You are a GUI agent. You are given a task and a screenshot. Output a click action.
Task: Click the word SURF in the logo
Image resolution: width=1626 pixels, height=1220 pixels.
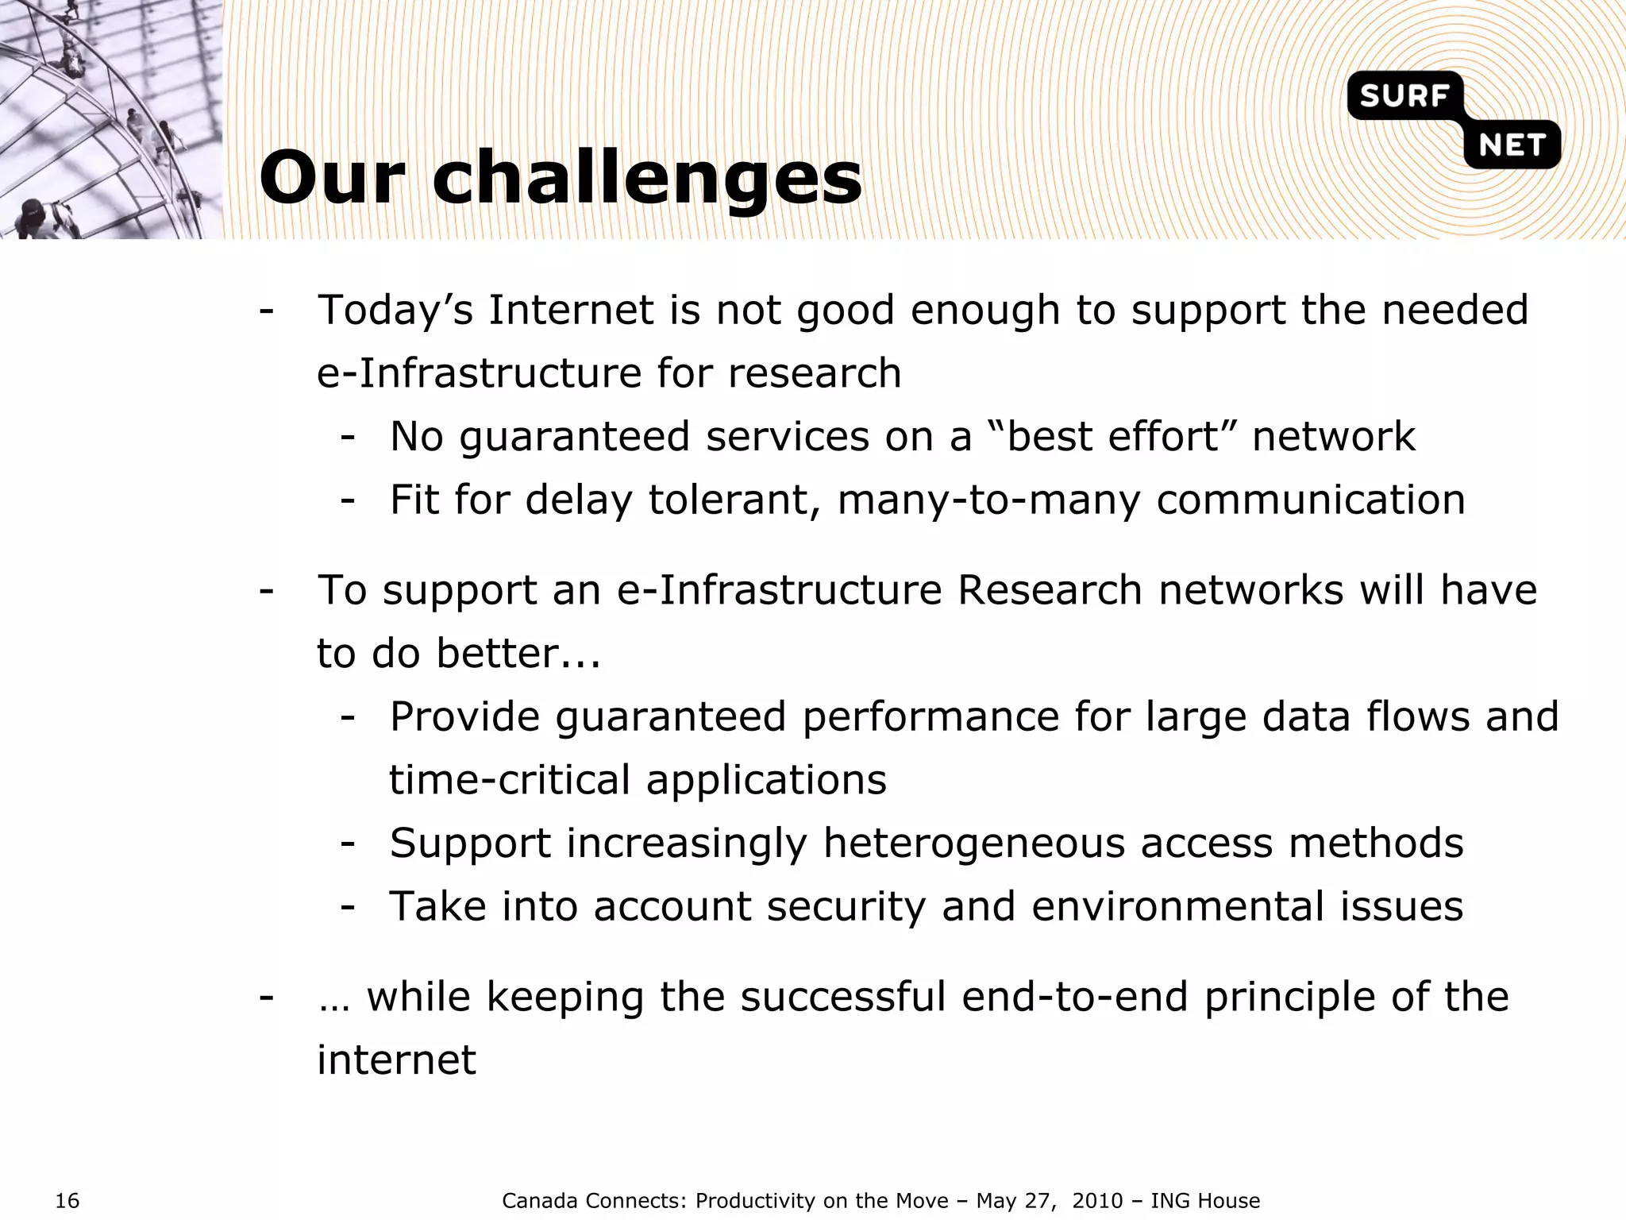point(1404,96)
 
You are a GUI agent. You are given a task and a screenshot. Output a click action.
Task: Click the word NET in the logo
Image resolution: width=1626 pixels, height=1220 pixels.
point(1512,145)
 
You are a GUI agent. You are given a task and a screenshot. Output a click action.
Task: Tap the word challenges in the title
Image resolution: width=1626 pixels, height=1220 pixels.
point(646,179)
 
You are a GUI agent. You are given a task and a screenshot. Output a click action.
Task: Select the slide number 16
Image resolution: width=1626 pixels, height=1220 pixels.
point(67,1201)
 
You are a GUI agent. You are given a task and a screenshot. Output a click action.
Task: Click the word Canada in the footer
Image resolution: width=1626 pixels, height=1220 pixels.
point(541,1201)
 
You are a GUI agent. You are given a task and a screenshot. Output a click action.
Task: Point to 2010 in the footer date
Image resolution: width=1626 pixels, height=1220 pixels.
point(1097,1201)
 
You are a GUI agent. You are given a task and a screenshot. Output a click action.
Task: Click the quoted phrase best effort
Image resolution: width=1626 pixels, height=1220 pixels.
point(1112,436)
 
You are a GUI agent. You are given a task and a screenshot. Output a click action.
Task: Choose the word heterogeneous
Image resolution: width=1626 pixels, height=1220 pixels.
point(973,843)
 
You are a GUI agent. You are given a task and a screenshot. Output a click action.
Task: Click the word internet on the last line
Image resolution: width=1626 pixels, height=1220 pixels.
point(396,1060)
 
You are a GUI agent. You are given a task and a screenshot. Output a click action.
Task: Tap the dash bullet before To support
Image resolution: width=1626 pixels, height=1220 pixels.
point(267,590)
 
